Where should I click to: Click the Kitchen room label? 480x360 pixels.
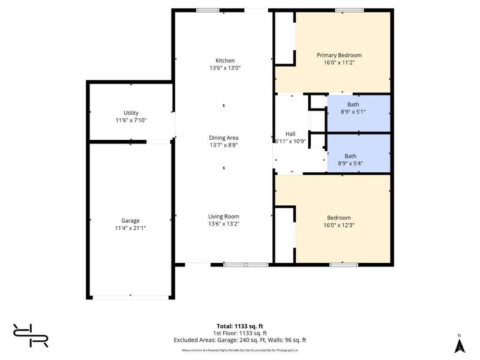tap(226, 60)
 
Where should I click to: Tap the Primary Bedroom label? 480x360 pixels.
tap(339, 55)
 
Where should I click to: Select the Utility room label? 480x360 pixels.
tap(131, 113)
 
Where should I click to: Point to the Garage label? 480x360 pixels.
tap(130, 220)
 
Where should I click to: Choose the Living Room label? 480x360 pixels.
tap(224, 216)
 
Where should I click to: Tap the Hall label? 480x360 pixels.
tap(289, 134)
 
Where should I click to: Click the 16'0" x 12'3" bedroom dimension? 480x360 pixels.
tap(339, 225)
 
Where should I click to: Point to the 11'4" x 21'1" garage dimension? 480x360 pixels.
tap(130, 227)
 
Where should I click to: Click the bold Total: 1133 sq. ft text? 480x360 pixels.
tap(241, 326)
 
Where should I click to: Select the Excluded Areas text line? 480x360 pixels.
tap(241, 340)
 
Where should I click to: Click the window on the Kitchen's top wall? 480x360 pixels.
tap(208, 10)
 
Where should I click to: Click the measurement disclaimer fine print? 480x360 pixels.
tap(241, 349)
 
